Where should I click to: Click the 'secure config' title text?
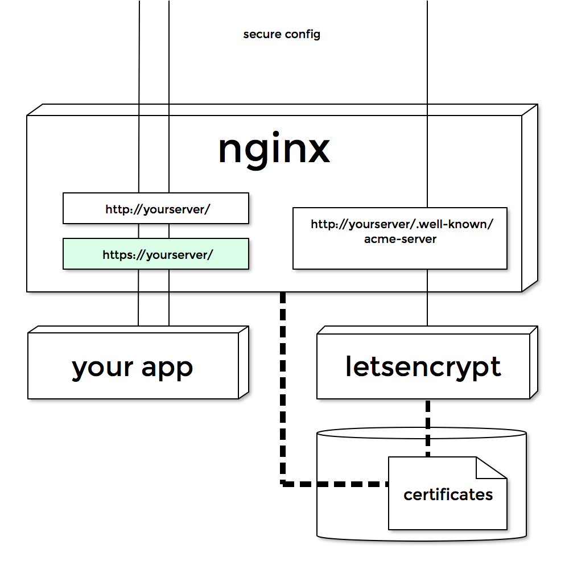click(282, 34)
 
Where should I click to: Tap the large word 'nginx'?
click(274, 150)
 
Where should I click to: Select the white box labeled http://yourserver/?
click(155, 208)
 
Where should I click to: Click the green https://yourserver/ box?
click(155, 254)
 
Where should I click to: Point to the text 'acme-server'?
click(400, 239)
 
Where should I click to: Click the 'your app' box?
click(133, 367)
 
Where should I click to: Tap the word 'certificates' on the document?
click(448, 494)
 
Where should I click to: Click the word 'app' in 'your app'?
click(167, 368)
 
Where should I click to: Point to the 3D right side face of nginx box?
click(530, 199)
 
